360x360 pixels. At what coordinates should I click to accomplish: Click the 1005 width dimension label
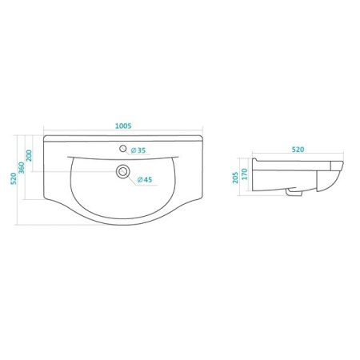(x=123, y=126)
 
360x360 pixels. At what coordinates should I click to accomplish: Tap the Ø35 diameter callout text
(x=138, y=150)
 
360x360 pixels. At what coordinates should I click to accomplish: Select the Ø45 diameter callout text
(x=145, y=180)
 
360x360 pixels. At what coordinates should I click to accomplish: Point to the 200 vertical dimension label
(x=29, y=156)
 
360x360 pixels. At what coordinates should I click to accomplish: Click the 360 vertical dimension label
(x=22, y=168)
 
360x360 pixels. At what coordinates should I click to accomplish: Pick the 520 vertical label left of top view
(x=14, y=178)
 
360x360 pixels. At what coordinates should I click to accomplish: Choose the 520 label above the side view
(x=298, y=150)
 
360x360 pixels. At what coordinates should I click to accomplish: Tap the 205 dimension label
(x=235, y=178)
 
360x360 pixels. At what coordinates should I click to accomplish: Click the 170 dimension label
(x=245, y=174)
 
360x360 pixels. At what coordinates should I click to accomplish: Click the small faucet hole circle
(x=123, y=149)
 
